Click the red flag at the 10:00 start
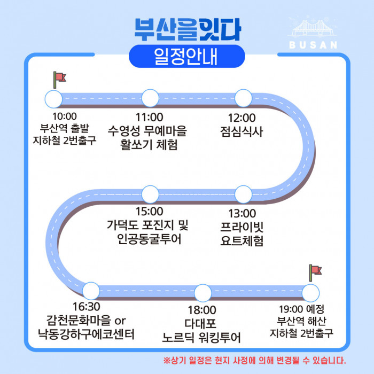click(59, 78)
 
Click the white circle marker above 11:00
click(150, 98)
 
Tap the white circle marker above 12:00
click(243, 98)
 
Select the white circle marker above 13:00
click(243, 194)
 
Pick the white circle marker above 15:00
click(150, 194)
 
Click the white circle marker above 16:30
click(91, 291)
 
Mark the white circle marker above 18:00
click(203, 293)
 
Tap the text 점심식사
click(241, 131)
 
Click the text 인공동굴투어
click(149, 239)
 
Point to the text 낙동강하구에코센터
click(90, 335)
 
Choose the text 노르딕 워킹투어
click(201, 338)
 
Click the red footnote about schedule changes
click(254, 360)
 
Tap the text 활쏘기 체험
click(149, 145)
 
